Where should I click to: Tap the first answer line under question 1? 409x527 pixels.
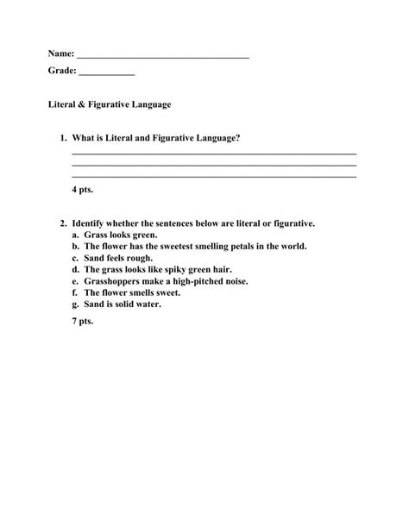point(214,154)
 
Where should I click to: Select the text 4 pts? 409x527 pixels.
point(83,188)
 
